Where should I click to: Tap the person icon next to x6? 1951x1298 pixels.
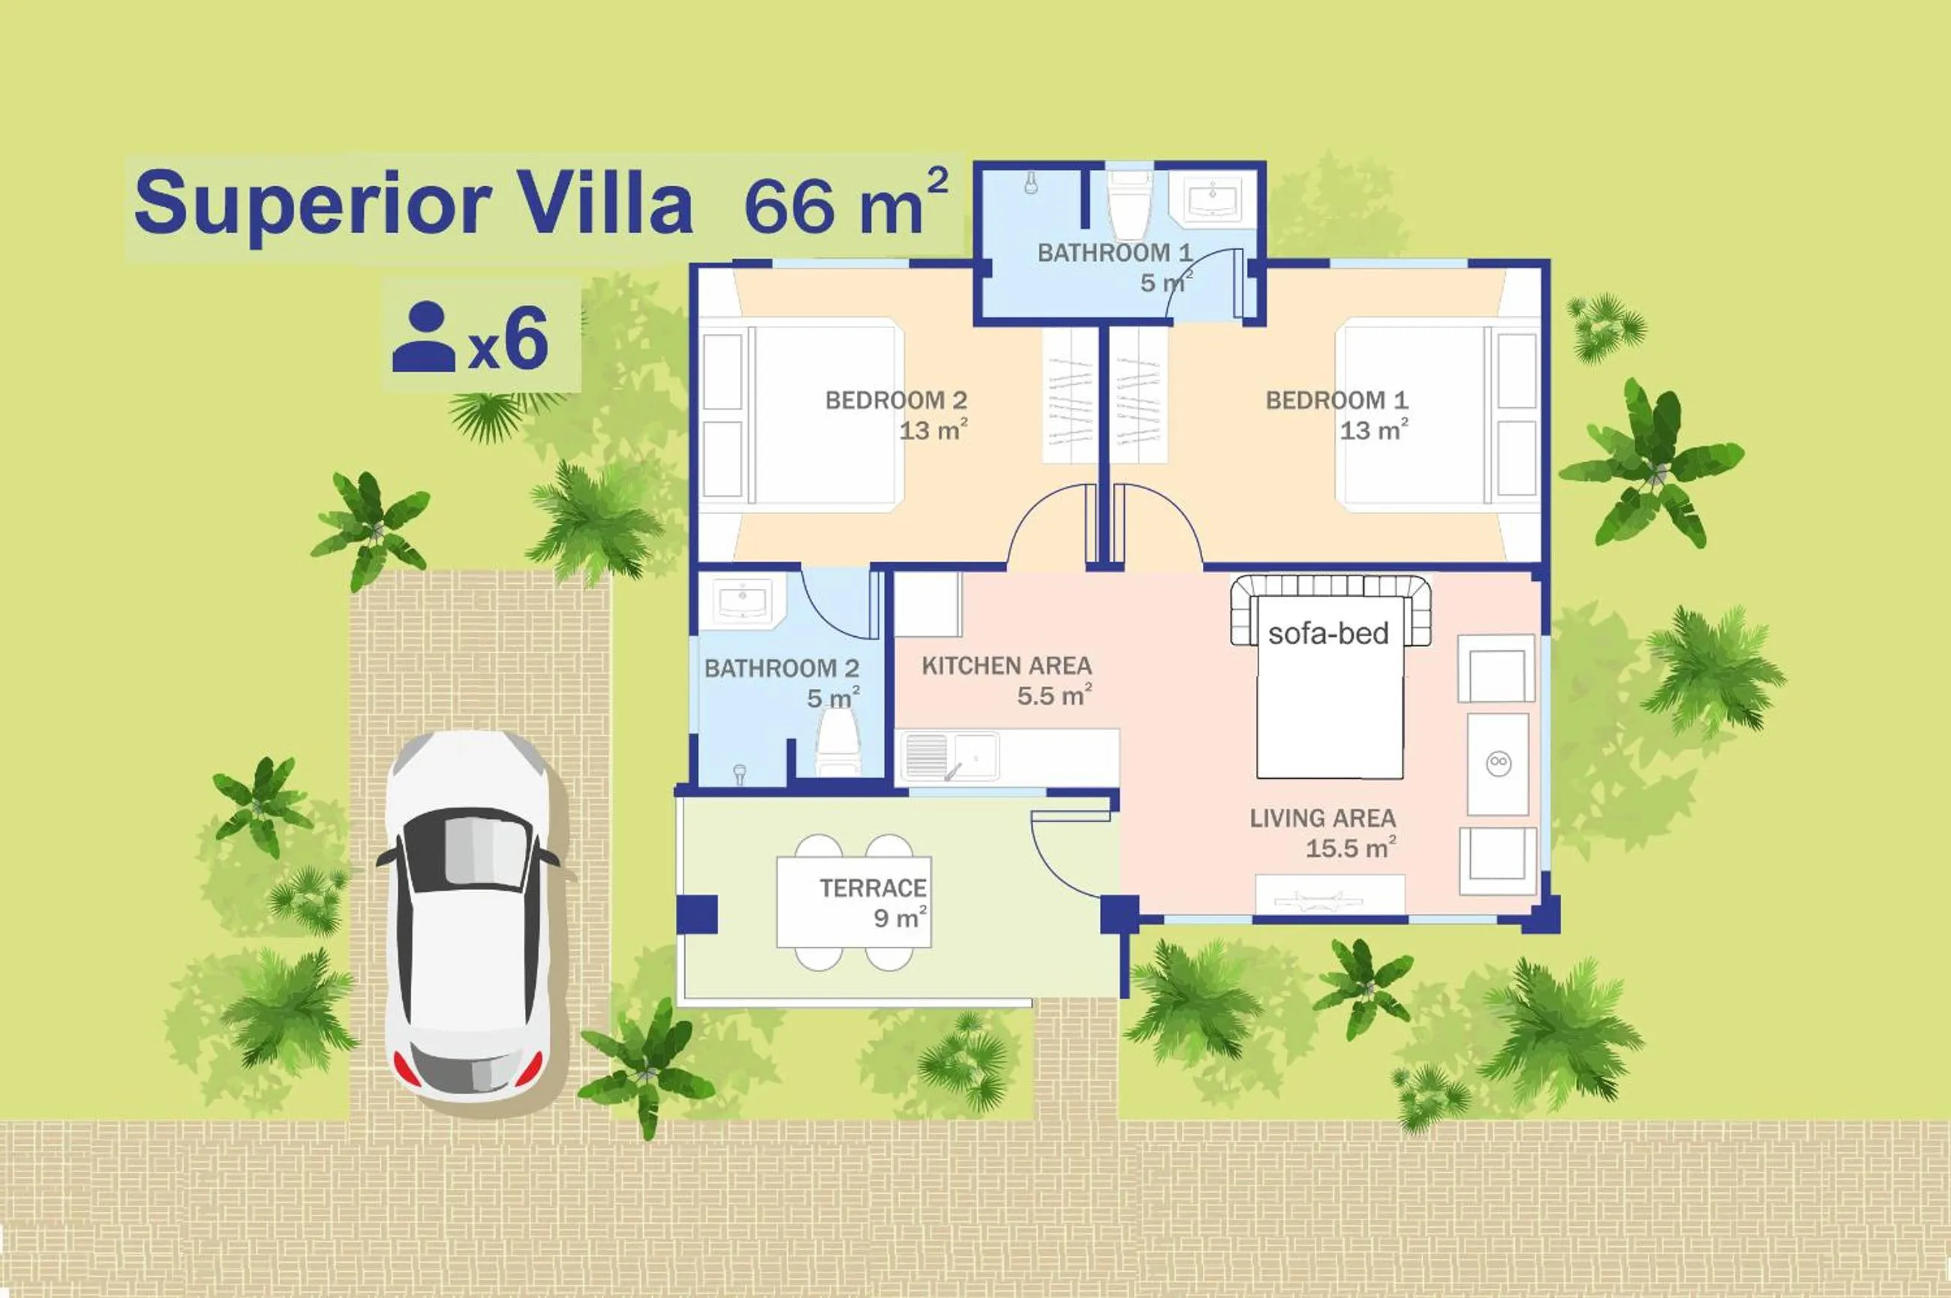tap(424, 337)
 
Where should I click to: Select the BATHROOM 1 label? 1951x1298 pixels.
tap(1114, 253)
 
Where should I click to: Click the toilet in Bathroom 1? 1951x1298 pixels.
tap(1129, 207)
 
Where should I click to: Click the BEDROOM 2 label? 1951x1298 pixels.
tap(896, 401)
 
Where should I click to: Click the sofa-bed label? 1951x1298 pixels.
tap(1327, 633)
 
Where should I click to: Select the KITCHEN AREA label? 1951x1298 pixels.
tap(1006, 666)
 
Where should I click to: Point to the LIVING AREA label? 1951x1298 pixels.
tap(1322, 819)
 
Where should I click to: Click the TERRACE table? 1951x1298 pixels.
tap(852, 902)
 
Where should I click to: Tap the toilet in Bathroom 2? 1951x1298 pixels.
tap(838, 742)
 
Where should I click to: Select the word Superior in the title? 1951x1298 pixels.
tap(313, 203)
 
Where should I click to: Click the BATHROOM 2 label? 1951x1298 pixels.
tap(780, 668)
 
